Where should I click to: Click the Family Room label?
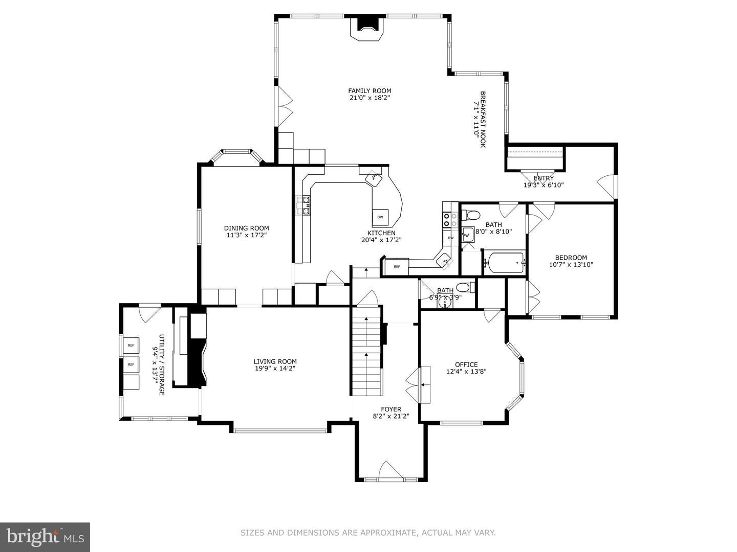(x=370, y=91)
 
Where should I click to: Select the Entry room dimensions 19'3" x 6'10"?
(x=543, y=186)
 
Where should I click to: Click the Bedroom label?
(x=571, y=258)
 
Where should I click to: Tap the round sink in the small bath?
(x=445, y=302)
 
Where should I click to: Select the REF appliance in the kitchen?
(x=397, y=266)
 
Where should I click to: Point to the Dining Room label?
(x=246, y=228)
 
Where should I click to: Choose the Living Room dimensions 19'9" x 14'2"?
(x=275, y=368)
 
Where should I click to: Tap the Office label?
(x=466, y=364)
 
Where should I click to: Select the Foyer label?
(x=391, y=409)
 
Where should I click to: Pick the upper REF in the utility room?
(x=131, y=346)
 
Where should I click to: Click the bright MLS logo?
(x=45, y=537)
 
